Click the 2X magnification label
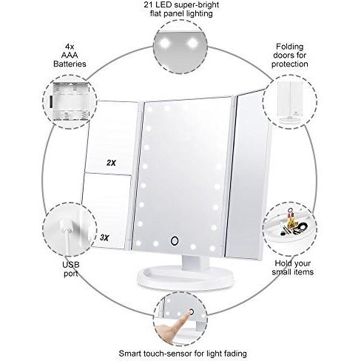click(111, 163)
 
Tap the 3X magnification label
click(104, 237)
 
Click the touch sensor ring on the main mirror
click(175, 240)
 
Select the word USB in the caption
click(71, 265)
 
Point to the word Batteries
click(70, 64)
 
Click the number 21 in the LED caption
click(149, 5)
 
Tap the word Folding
click(290, 47)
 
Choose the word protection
click(290, 64)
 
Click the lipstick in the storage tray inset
click(291, 217)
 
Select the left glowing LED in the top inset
click(165, 44)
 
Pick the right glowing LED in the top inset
click(192, 43)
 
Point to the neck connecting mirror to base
click(195, 263)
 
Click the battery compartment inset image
click(70, 101)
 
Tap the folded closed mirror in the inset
click(291, 101)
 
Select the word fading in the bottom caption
click(235, 354)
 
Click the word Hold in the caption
click(283, 263)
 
